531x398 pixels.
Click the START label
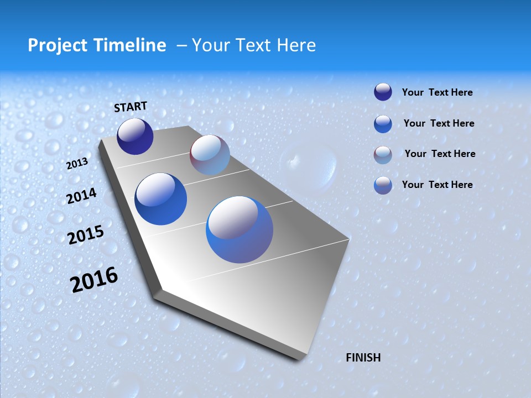tap(131, 107)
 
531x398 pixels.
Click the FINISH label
tap(363, 358)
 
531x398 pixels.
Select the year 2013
tap(77, 164)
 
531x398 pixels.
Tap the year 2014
tap(81, 196)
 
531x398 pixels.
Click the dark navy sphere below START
tap(135, 136)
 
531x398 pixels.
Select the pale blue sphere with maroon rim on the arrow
tap(210, 155)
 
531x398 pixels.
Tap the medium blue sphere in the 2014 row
tap(160, 199)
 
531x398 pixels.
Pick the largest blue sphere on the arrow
tap(240, 229)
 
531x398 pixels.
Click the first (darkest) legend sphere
tap(383, 92)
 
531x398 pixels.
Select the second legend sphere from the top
tap(383, 123)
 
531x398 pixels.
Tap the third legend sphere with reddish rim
tap(383, 155)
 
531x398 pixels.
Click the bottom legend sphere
tap(383, 185)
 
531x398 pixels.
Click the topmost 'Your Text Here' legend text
tap(437, 92)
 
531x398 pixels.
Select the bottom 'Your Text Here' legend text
tap(437, 185)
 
